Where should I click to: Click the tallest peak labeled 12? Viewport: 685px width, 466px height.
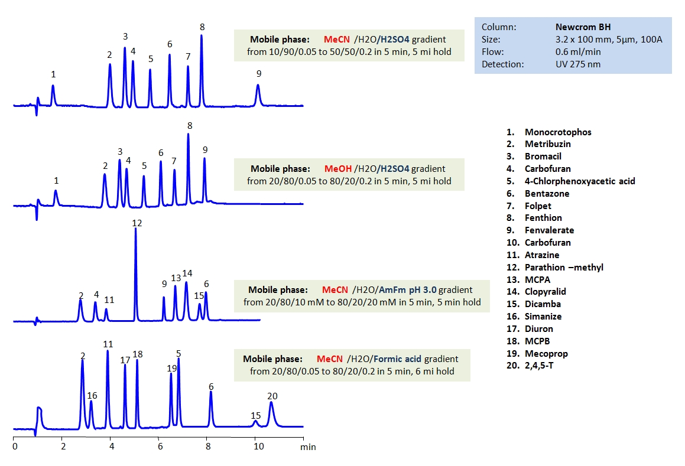[136, 272]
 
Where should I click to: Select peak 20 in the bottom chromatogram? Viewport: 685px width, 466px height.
[271, 413]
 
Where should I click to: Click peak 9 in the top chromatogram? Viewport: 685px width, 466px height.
[258, 94]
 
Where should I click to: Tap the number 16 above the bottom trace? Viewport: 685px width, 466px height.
[92, 396]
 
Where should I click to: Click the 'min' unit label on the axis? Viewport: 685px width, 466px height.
[309, 447]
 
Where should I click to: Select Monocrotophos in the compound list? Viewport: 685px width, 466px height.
[557, 132]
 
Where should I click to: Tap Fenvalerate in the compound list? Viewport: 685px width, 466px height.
[549, 230]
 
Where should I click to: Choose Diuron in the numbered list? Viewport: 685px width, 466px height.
[539, 328]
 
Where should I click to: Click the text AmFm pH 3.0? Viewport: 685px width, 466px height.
[407, 290]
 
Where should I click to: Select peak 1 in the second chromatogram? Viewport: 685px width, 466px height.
[56, 197]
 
